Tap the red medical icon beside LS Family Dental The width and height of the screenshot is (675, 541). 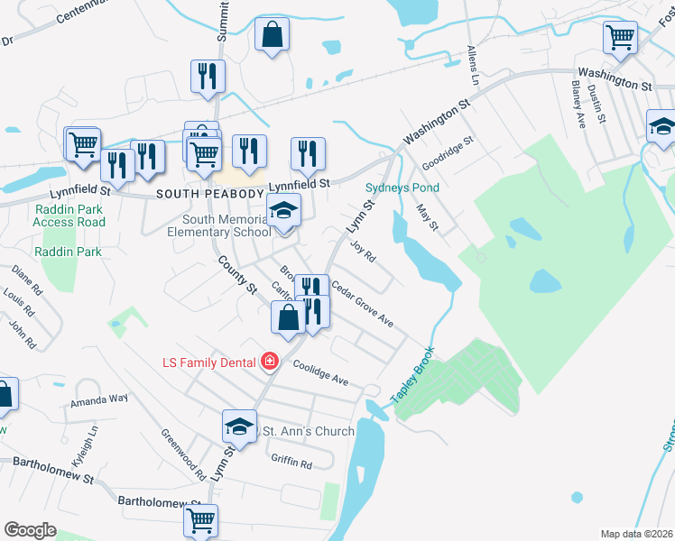pos(269,362)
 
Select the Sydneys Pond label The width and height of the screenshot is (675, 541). pos(402,188)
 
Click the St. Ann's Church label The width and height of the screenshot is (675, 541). pos(308,431)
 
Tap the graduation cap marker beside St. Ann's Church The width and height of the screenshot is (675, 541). pos(240,426)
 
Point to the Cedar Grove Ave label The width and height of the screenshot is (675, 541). pos(362,304)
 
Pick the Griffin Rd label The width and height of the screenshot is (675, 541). pos(291,463)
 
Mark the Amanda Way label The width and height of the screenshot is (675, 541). pos(100,399)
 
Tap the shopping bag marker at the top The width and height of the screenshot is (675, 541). pos(272,37)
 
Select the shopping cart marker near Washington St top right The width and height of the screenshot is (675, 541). pos(620,38)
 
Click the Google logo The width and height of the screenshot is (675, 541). pos(30,530)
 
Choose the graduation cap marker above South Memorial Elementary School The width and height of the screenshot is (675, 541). pos(284,212)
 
